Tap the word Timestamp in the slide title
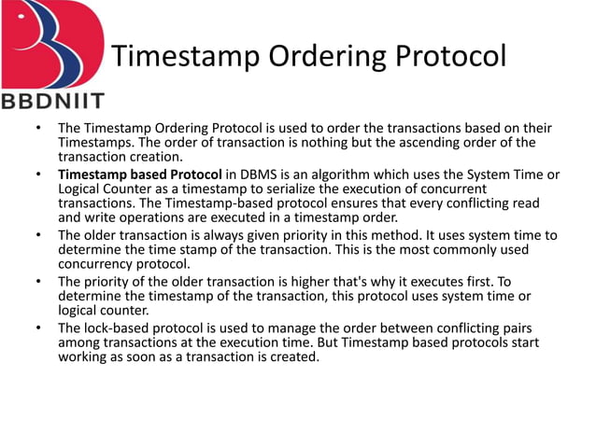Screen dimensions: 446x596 (187, 57)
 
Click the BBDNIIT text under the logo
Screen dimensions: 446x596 (53, 101)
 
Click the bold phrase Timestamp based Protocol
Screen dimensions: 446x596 (139, 174)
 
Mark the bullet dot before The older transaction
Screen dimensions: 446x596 (37, 234)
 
